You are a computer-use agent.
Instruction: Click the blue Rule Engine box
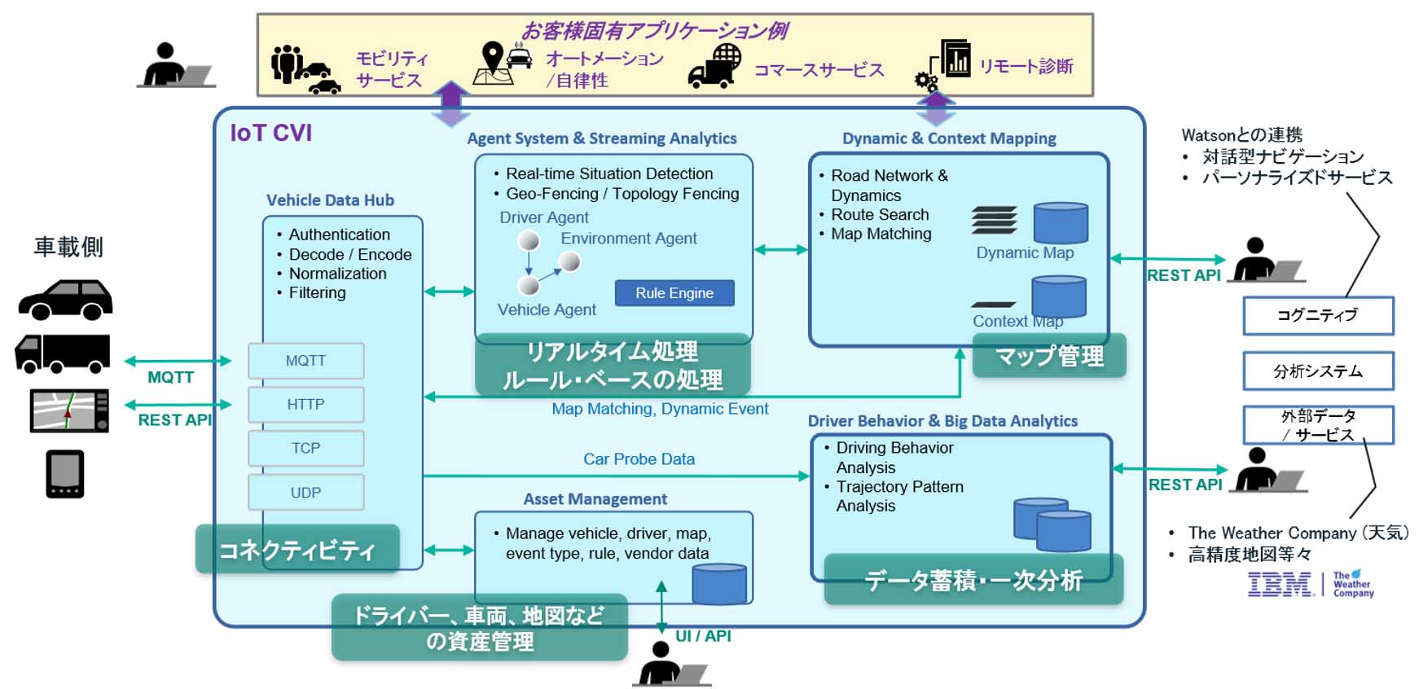[x=674, y=293]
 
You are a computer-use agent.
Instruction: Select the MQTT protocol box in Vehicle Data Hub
[x=305, y=361]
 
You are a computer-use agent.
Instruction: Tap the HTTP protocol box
[x=305, y=405]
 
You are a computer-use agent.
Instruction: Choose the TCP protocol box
[x=305, y=449]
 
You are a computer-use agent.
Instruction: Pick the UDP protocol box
[x=305, y=493]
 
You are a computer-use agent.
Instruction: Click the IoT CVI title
[x=270, y=133]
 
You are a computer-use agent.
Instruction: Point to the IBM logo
[x=1280, y=584]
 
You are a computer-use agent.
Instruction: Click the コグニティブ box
[x=1318, y=316]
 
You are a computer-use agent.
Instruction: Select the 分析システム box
[x=1318, y=371]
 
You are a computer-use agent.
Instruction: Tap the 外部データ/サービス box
[x=1318, y=425]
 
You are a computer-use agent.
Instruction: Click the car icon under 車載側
[x=65, y=300]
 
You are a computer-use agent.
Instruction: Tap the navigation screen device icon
[x=69, y=410]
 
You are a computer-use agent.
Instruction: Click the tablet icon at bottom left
[x=65, y=474]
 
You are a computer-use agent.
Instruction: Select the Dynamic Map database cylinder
[x=1061, y=222]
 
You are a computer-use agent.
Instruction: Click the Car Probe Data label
[x=639, y=459]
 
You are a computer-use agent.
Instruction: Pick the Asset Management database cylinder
[x=719, y=583]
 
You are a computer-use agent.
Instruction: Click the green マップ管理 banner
[x=1049, y=356]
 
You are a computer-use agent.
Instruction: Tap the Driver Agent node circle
[x=529, y=240]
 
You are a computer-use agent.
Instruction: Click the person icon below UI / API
[x=671, y=664]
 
